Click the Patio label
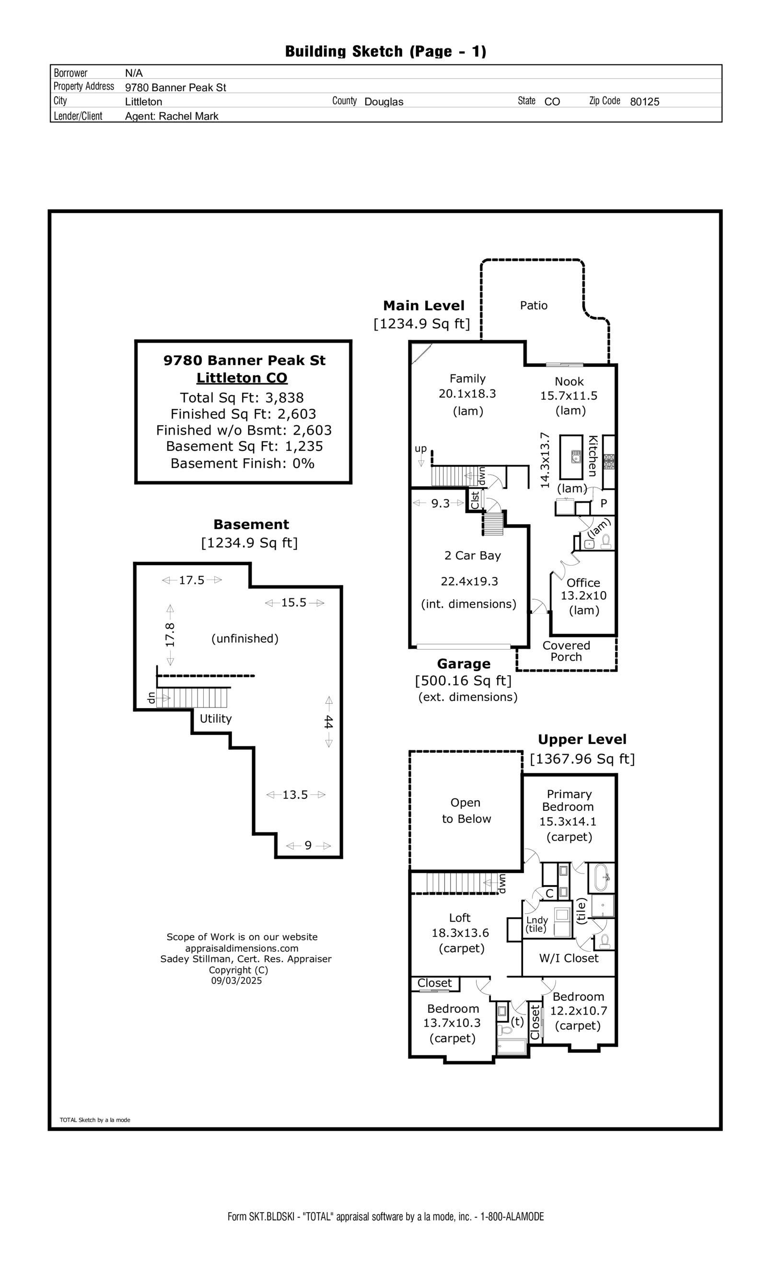click(x=533, y=305)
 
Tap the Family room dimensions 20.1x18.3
click(x=467, y=393)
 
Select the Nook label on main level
click(x=569, y=381)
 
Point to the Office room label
click(x=583, y=582)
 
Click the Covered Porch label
click(x=566, y=651)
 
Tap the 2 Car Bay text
click(x=472, y=555)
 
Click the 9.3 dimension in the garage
click(x=440, y=503)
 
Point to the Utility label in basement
click(x=215, y=718)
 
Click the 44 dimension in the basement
click(x=329, y=722)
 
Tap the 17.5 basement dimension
click(x=191, y=580)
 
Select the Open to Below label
click(x=466, y=811)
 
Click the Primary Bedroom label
click(x=569, y=800)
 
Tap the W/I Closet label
click(x=569, y=958)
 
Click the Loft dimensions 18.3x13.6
click(x=460, y=933)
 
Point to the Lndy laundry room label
click(x=537, y=920)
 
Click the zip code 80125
click(x=644, y=102)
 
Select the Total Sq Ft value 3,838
click(x=284, y=398)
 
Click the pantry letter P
click(x=604, y=503)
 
